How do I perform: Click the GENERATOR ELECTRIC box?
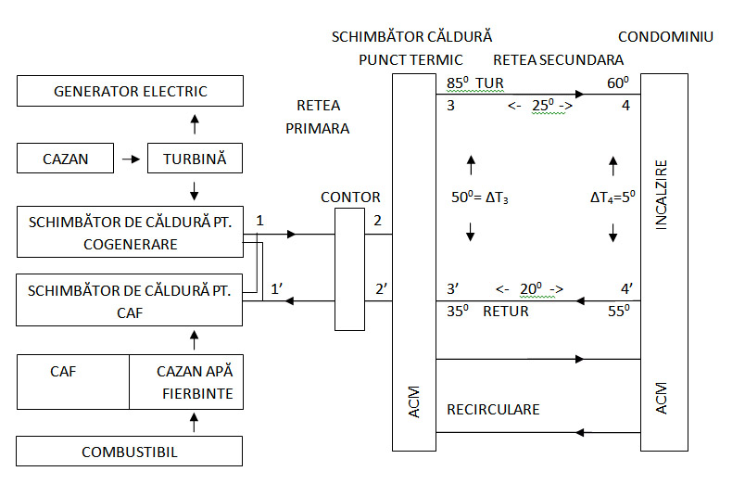(x=131, y=91)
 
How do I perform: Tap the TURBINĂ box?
(x=194, y=159)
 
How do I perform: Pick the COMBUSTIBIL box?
(x=131, y=452)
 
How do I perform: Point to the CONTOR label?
(x=350, y=197)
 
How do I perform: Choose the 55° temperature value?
(x=619, y=312)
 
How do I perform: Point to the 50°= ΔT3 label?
(x=478, y=197)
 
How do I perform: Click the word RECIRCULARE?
(x=493, y=408)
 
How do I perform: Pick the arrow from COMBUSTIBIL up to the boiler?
(x=194, y=423)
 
